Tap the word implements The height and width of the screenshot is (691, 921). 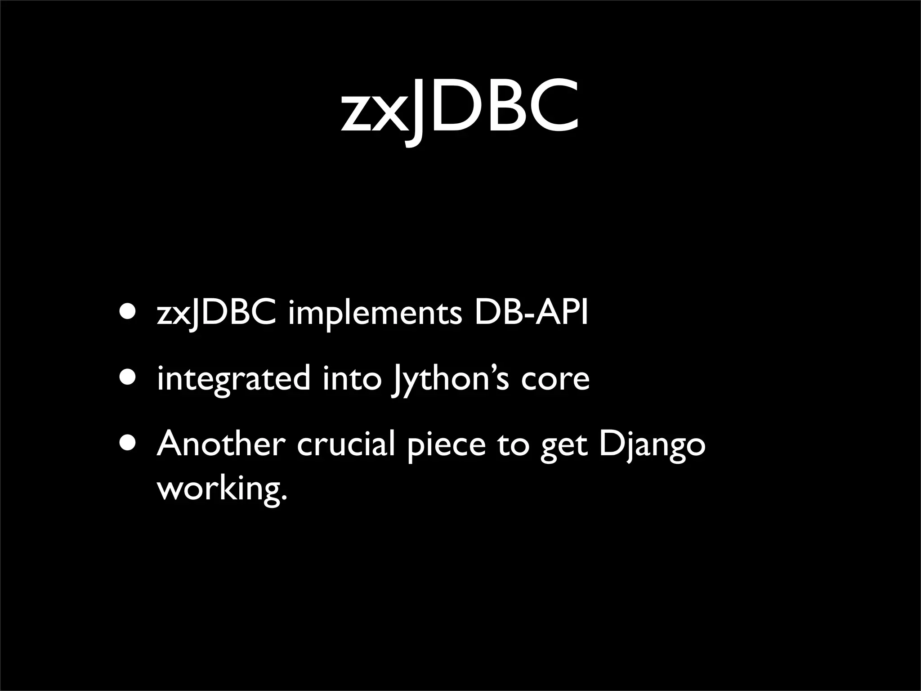375,314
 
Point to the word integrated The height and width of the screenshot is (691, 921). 233,379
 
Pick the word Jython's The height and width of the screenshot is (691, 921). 450,379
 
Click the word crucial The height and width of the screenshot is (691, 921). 346,444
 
